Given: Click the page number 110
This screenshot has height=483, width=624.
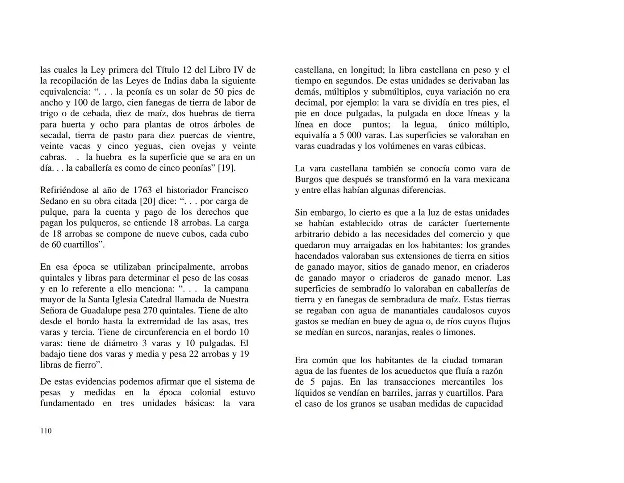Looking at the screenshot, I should (x=46, y=431).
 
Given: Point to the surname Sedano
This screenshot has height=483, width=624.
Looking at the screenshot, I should (x=54, y=201).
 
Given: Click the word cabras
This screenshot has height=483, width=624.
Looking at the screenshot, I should (x=53, y=157).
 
